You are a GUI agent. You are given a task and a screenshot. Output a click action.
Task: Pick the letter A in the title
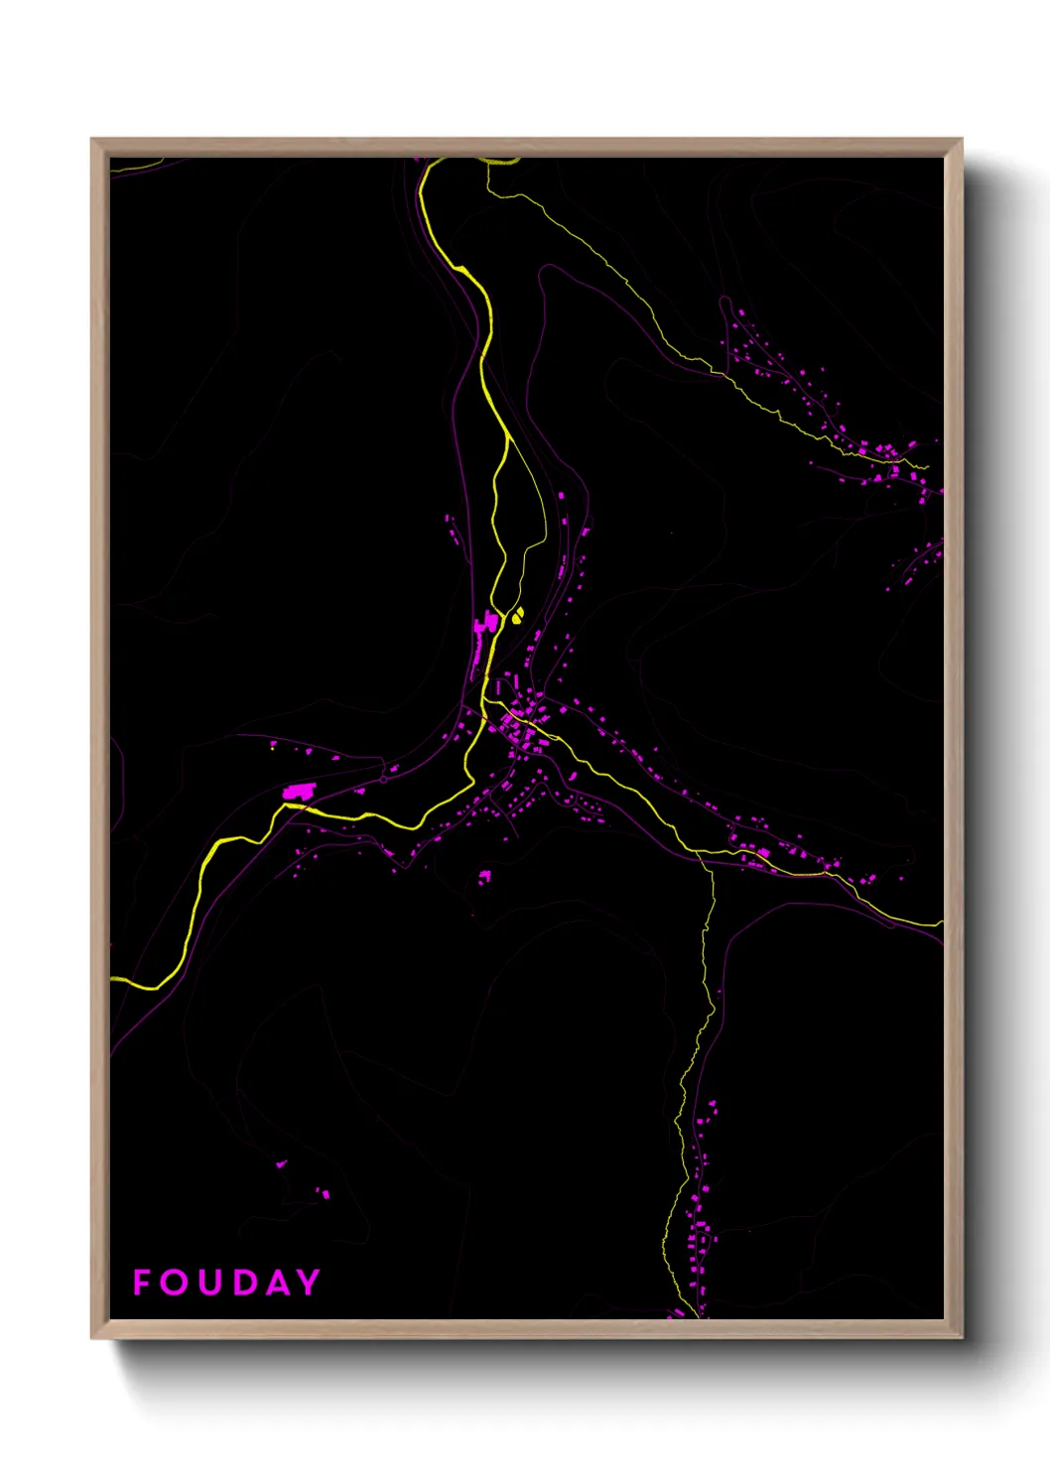[x=279, y=1282]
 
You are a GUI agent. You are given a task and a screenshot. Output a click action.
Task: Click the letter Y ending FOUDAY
[x=309, y=1282]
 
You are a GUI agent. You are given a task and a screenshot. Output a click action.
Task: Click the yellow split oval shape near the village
[x=517, y=615]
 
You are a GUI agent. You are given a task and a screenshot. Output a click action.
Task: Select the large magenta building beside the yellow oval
[x=486, y=624]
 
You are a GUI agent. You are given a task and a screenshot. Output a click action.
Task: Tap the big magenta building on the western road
[x=299, y=792]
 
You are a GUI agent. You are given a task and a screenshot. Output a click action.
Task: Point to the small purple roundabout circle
[x=384, y=780]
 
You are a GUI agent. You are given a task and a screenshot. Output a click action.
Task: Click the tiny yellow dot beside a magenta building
[x=273, y=746]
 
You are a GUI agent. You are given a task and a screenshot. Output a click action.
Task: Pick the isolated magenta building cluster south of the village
[x=484, y=877]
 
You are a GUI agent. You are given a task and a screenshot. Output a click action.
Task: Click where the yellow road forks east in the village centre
[x=485, y=702]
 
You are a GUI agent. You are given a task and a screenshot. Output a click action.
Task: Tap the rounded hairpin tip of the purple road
[x=543, y=268]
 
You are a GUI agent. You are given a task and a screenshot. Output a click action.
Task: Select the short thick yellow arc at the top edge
[x=501, y=161]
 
